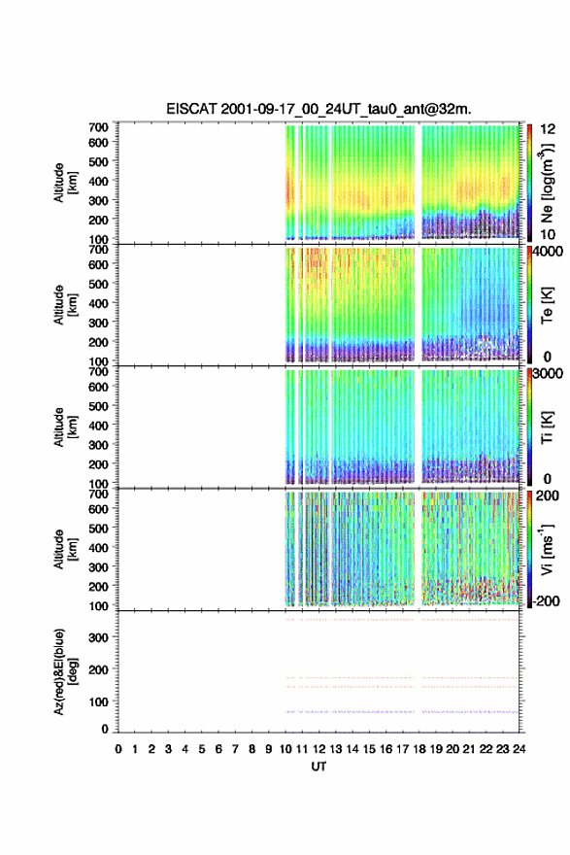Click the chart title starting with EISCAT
click(x=319, y=109)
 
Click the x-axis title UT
click(x=319, y=767)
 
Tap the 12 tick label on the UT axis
click(x=319, y=749)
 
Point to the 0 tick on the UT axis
click(x=118, y=749)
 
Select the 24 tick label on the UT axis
click(x=519, y=749)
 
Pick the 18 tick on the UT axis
click(x=419, y=749)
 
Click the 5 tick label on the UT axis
click(x=202, y=749)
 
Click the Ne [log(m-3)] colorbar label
click(x=548, y=183)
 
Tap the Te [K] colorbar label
click(x=547, y=305)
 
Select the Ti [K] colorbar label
click(x=547, y=427)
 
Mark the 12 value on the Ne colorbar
click(x=548, y=129)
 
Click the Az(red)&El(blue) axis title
click(x=63, y=671)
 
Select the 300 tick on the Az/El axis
click(x=99, y=637)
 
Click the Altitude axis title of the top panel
click(x=63, y=183)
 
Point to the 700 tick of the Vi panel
click(x=99, y=494)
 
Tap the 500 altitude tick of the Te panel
click(x=99, y=284)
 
